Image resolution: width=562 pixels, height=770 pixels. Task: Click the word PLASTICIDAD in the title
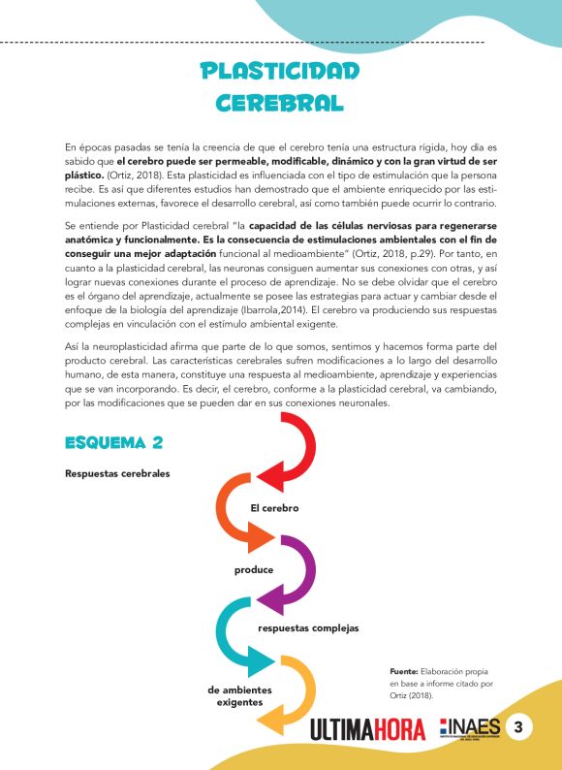tap(280, 71)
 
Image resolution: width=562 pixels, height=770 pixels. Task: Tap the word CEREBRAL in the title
tap(280, 102)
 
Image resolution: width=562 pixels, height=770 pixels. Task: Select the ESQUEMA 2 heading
tap(113, 443)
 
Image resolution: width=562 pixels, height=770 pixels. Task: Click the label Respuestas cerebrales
tap(117, 474)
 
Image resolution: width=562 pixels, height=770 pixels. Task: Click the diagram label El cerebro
tap(274, 508)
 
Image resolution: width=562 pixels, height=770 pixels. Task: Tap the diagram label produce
tap(254, 569)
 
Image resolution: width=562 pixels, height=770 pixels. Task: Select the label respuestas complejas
tap(308, 627)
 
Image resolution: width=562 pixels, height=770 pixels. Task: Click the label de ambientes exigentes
tap(240, 696)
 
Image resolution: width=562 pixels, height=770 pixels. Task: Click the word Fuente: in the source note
tap(403, 671)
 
